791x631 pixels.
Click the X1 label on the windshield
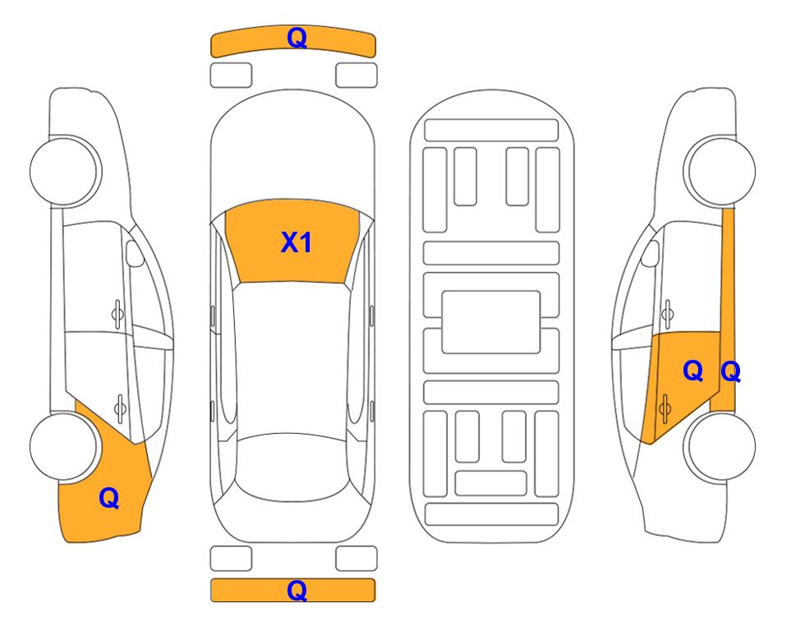point(297,242)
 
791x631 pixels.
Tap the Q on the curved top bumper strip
point(297,38)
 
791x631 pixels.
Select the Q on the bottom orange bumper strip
point(297,590)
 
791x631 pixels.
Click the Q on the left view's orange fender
point(109,498)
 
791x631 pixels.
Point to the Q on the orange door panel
point(693,371)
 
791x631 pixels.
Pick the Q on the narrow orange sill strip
point(730,372)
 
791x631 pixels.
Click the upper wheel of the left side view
point(63,171)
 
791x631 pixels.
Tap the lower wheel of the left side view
point(63,446)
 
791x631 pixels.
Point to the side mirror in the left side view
point(134,253)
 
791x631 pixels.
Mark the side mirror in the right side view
point(650,253)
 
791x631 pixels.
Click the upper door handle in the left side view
point(117,315)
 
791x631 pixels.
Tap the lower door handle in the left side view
point(120,408)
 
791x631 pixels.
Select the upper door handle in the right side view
point(668,314)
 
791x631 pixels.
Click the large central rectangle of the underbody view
point(491,322)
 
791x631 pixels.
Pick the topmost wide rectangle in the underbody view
point(491,131)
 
